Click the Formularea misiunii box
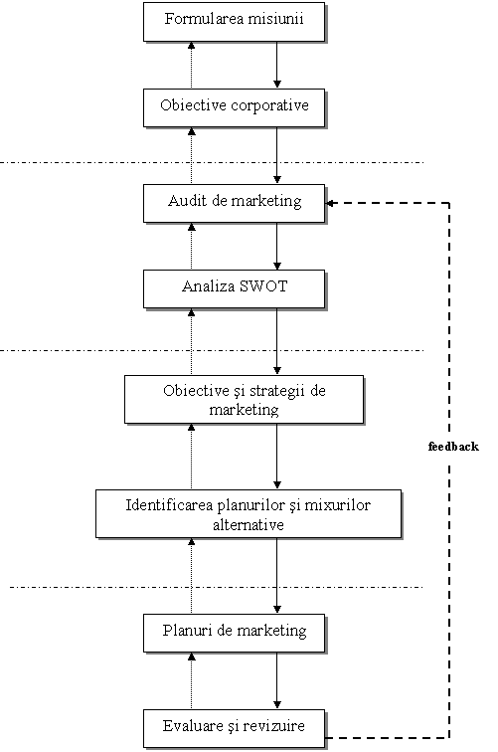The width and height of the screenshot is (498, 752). [235, 22]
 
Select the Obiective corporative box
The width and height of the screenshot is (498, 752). [235, 107]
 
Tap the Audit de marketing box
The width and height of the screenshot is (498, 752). [235, 203]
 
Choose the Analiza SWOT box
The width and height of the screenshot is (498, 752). [235, 289]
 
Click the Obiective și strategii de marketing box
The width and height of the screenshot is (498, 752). [244, 400]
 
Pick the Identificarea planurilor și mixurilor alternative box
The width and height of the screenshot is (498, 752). [249, 514]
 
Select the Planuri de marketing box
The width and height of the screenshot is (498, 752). [235, 633]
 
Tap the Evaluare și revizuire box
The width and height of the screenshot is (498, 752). [235, 728]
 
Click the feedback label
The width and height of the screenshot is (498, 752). [453, 447]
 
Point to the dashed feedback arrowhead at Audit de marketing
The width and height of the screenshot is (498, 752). [329, 203]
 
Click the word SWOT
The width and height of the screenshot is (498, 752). [263, 286]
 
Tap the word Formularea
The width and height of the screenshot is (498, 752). [200, 19]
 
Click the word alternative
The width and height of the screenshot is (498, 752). [249, 524]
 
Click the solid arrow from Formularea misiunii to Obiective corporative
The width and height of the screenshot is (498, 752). [276, 65]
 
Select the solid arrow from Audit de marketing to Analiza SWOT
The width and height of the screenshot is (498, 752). [276, 247]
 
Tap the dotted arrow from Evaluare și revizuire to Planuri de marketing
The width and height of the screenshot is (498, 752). [191, 681]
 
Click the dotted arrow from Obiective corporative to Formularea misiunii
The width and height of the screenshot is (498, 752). [191, 66]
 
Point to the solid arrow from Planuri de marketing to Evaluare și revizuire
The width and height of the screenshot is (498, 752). [276, 681]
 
